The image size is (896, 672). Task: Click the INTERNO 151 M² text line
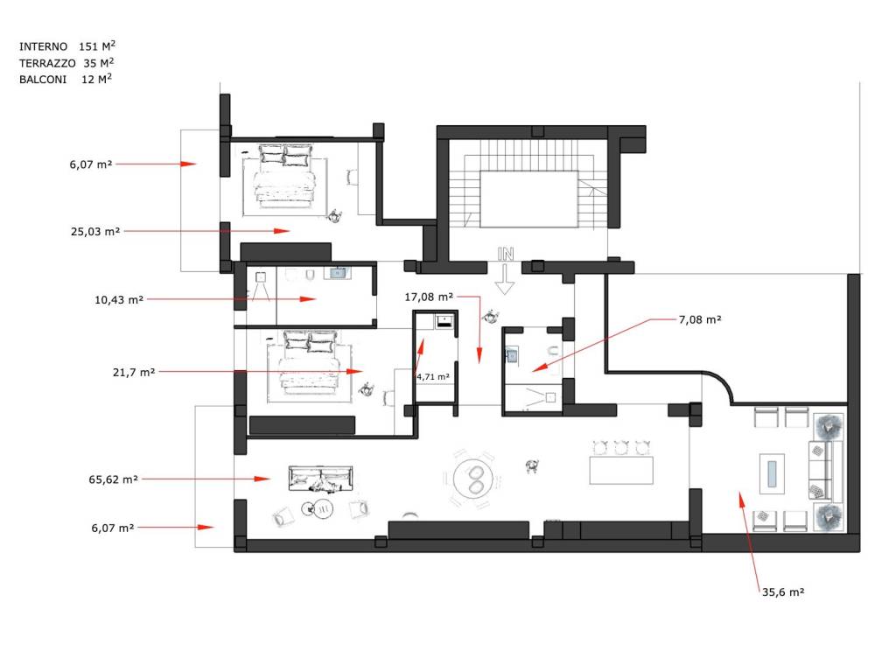(66, 45)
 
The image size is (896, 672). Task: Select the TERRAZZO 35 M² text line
(66, 62)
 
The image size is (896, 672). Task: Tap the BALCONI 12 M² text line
(65, 79)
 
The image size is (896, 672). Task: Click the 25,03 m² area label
(94, 231)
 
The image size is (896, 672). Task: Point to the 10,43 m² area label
(119, 299)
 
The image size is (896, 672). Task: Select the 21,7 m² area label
(134, 372)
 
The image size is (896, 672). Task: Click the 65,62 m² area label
(113, 479)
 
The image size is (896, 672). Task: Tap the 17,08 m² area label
(429, 297)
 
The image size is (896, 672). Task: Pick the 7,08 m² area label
(700, 319)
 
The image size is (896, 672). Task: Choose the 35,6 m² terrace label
(783, 592)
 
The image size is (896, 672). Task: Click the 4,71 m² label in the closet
(432, 376)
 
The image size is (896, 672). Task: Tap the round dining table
(473, 479)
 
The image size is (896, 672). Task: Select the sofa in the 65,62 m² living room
(320, 479)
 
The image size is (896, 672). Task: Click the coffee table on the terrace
(772, 473)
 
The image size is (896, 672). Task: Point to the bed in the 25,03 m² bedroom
(285, 174)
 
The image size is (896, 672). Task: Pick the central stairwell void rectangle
(528, 199)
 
